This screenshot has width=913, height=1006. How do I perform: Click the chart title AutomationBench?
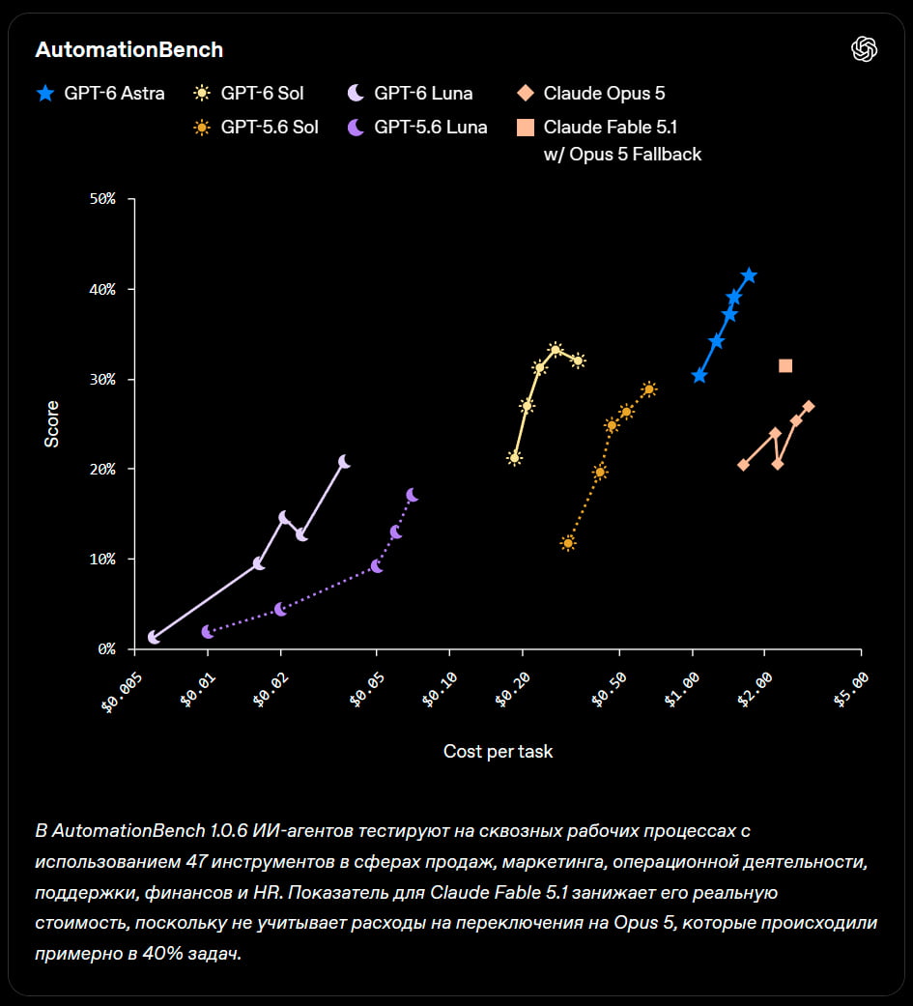[x=128, y=49]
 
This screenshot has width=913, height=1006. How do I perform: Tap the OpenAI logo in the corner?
[x=864, y=48]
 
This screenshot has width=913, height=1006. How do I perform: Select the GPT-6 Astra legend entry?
[x=100, y=93]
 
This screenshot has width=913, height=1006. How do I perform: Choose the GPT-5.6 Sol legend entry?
[x=256, y=127]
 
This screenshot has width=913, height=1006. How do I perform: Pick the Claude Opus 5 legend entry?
[x=591, y=93]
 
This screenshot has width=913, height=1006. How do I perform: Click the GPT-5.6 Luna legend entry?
[x=417, y=127]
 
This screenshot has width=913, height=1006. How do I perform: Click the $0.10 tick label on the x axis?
[x=440, y=690]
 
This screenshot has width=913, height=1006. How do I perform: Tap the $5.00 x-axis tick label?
[x=851, y=690]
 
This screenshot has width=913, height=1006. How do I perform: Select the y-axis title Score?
[x=51, y=424]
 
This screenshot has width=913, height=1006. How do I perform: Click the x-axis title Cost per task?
[x=498, y=751]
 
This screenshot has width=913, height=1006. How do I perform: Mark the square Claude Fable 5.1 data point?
[x=785, y=365]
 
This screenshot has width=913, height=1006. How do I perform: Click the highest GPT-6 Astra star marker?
[x=749, y=275]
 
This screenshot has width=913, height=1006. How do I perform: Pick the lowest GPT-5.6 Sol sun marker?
[x=568, y=543]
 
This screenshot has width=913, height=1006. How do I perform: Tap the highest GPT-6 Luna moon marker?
[x=345, y=462]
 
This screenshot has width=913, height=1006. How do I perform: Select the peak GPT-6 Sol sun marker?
[x=556, y=350]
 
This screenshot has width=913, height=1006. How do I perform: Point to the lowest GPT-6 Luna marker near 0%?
[x=154, y=637]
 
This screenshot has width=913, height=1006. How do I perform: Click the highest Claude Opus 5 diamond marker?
[x=809, y=406]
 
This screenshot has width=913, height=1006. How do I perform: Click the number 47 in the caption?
[x=196, y=862]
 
